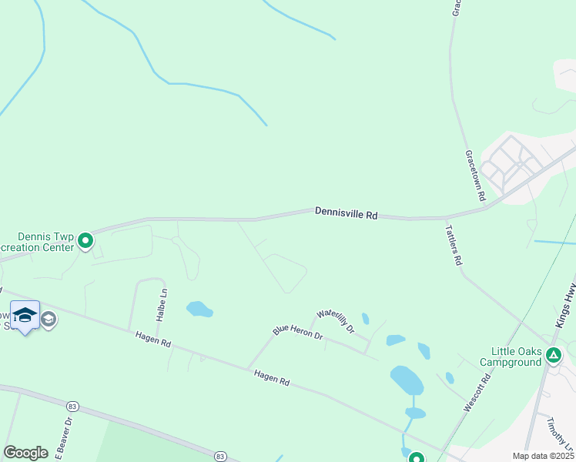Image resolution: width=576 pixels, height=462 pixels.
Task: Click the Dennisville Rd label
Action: (x=346, y=214)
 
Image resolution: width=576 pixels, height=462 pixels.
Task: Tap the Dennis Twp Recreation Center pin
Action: (x=86, y=242)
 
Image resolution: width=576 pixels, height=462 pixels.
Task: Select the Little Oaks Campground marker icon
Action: (x=553, y=355)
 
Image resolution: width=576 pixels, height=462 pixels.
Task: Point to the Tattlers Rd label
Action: (x=454, y=245)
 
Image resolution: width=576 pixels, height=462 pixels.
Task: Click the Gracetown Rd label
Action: (x=474, y=176)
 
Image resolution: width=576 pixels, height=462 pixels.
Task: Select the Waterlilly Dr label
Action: (x=335, y=320)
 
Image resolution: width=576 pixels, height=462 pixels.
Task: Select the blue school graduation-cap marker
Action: (x=25, y=316)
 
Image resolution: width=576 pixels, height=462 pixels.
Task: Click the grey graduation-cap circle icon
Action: (x=49, y=320)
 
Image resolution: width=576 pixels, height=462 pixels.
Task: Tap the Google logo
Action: (x=26, y=453)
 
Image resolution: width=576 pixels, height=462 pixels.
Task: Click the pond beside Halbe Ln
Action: (x=199, y=309)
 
